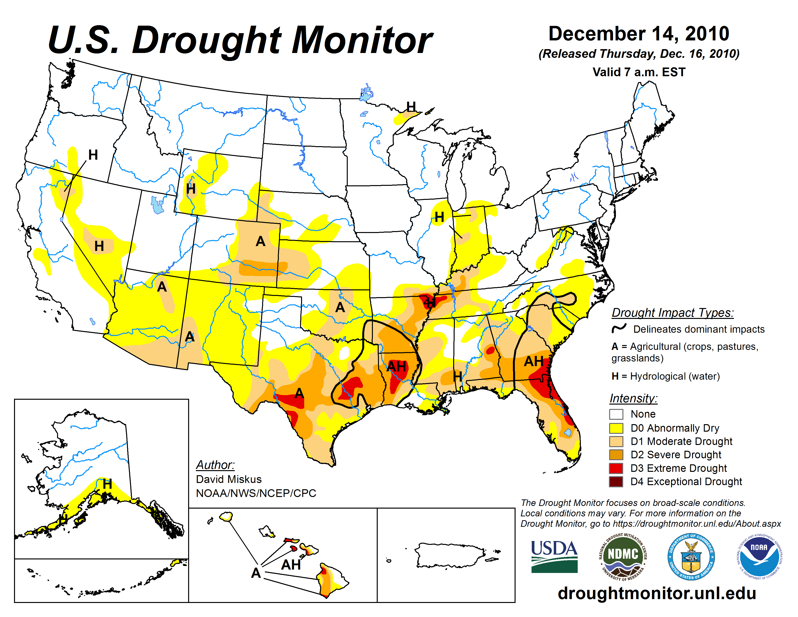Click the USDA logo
tap(554, 556)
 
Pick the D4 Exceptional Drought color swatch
tap(616, 482)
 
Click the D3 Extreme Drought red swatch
tap(616, 468)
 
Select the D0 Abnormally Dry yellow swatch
tap(616, 428)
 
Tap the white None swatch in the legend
tap(616, 414)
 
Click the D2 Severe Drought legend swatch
tap(616, 454)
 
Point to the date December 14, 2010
tap(639, 34)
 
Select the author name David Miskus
tap(229, 479)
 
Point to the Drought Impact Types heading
tap(672, 313)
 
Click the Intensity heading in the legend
tap(633, 398)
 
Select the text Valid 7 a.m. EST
tap(639, 72)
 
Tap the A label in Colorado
tap(260, 241)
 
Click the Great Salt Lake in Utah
tap(157, 205)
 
